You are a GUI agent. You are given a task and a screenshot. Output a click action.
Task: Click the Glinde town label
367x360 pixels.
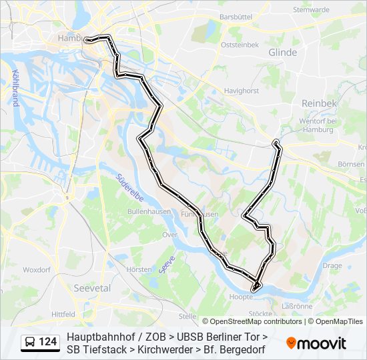[282, 52]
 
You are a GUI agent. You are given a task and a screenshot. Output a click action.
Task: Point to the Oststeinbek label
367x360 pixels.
[239, 45]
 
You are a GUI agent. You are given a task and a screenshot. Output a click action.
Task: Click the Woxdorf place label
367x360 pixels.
[37, 270]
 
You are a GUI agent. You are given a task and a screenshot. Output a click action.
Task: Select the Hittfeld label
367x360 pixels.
[63, 313]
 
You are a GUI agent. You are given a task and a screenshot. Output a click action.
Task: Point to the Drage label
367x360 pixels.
[331, 265]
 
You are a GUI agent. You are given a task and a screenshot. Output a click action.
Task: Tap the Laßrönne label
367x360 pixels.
[297, 306]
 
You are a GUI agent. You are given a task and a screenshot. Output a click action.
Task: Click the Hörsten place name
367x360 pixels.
[139, 269]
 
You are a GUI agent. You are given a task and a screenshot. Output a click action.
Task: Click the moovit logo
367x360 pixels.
[316, 343]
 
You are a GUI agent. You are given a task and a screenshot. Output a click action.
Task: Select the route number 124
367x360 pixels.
[48, 342]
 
